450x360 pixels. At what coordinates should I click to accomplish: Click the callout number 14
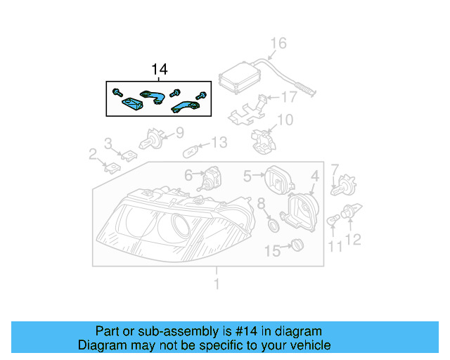[x=160, y=70]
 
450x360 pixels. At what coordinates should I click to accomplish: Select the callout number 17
[x=289, y=97]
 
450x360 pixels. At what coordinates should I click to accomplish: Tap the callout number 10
[x=284, y=120]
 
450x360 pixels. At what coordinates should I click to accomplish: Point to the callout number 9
[x=179, y=131]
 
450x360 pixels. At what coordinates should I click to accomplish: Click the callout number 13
[x=219, y=143]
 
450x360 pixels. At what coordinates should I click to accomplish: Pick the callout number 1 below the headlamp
[x=217, y=283]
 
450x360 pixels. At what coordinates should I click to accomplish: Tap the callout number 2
[x=92, y=153]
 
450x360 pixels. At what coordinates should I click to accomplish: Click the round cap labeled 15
[x=296, y=246]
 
